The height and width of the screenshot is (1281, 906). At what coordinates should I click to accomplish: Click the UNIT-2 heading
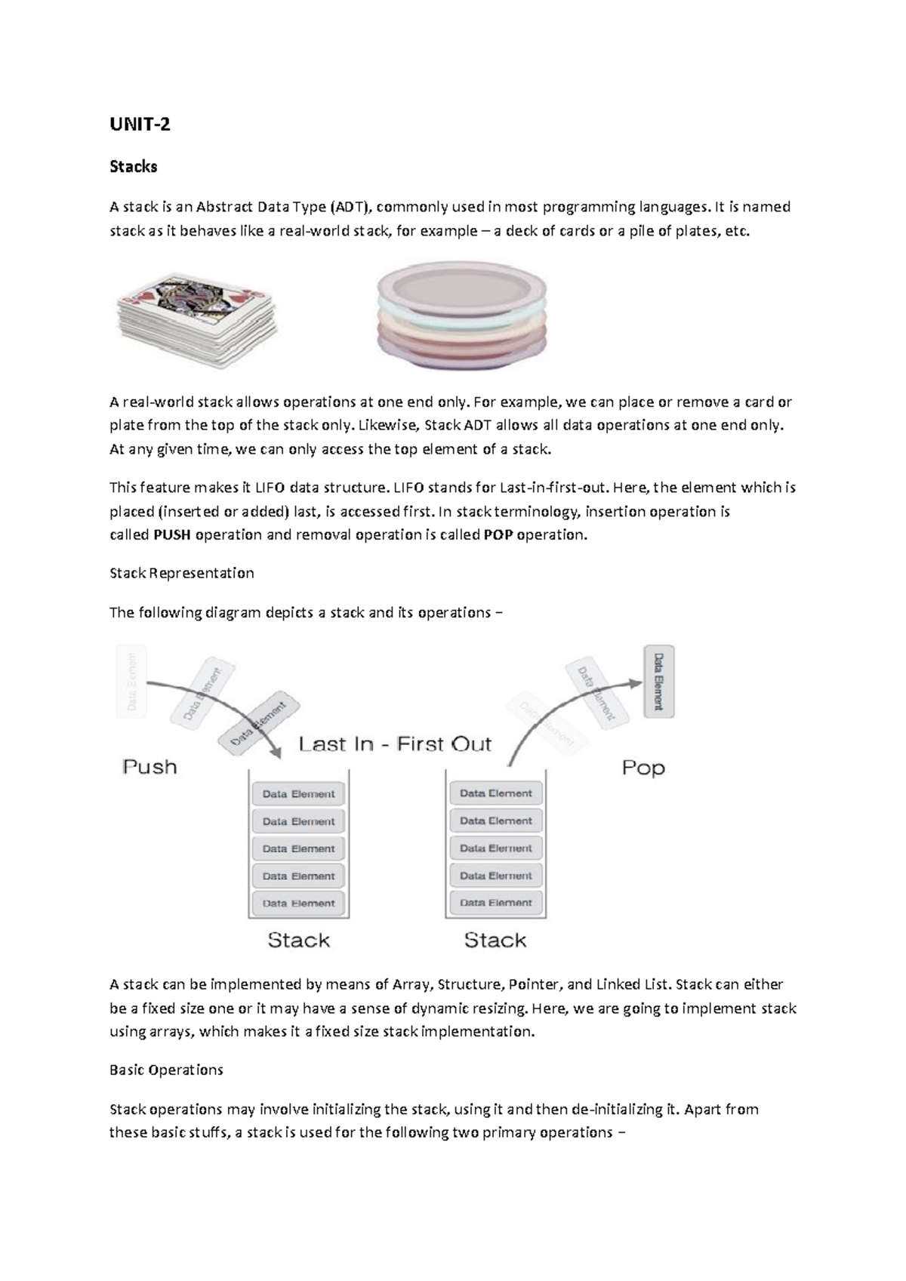140,125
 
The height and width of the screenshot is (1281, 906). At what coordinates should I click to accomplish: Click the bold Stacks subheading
134,167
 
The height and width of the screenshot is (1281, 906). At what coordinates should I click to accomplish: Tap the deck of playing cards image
196,320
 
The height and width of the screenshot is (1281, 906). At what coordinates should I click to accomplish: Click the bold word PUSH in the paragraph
171,535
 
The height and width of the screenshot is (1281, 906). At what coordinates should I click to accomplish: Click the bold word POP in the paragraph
498,535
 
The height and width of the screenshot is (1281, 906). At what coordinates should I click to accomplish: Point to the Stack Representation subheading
181,573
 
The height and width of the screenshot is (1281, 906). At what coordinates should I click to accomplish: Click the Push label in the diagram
149,767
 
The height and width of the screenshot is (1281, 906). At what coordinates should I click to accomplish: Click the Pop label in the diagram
643,768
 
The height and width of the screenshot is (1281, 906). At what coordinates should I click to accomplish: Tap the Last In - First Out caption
395,744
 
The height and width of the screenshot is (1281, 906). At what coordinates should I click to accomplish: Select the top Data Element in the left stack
298,794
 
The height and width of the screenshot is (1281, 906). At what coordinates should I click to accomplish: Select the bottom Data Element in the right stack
496,903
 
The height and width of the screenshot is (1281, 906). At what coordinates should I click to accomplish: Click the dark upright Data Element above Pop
658,682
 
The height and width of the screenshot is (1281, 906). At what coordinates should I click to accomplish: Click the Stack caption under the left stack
298,940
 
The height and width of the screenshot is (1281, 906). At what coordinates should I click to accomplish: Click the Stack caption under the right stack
495,940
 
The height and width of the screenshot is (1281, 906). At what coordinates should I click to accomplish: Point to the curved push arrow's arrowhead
276,752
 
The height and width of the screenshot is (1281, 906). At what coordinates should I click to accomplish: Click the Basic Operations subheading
166,1070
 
